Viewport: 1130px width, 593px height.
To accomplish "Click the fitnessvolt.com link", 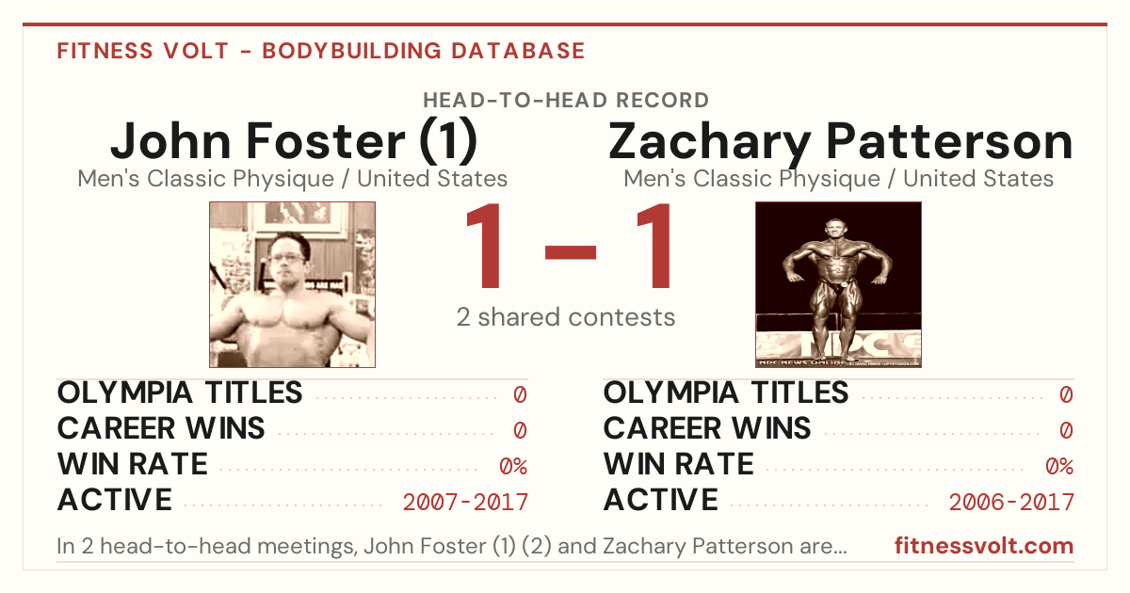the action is click(984, 546).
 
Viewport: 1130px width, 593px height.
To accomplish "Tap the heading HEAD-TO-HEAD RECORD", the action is click(566, 101).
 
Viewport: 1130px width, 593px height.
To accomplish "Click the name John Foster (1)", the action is click(294, 142).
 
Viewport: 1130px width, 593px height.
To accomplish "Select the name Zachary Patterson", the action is click(840, 143).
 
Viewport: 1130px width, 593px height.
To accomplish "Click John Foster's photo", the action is click(293, 285).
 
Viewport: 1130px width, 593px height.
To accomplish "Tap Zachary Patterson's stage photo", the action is click(838, 285).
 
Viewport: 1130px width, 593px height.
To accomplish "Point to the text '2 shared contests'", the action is click(566, 317).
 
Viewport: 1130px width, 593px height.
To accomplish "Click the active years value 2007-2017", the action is click(465, 502).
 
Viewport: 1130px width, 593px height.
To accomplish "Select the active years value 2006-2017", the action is click(1011, 502).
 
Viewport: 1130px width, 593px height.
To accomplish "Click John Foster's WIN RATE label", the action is click(133, 464).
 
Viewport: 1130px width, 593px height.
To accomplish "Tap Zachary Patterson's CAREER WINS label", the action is click(707, 428).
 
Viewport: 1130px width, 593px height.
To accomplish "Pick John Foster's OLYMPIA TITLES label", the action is click(180, 393).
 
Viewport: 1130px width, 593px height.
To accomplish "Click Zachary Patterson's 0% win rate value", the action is click(1059, 466).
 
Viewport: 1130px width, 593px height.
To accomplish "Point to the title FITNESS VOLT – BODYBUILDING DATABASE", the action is click(321, 51).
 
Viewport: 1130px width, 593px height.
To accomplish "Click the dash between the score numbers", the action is click(571, 251).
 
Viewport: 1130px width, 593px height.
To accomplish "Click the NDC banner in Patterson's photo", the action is click(838, 344).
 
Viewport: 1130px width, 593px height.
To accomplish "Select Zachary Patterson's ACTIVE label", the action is click(660, 500).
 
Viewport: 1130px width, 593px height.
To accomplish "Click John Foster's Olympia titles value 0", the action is click(520, 394).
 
